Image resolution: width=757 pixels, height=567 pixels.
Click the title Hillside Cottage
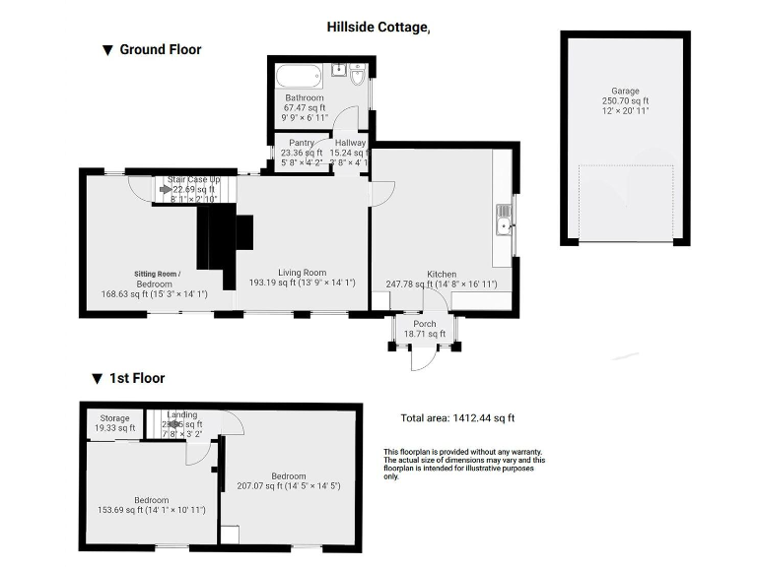378,28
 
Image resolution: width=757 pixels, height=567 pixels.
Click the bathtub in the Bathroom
297,76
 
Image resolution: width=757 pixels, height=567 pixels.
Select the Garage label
625,90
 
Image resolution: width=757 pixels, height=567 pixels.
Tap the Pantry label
301,143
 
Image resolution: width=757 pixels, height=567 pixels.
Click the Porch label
425,324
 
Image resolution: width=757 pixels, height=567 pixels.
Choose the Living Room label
301,273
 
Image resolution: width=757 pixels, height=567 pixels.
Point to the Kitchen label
441,274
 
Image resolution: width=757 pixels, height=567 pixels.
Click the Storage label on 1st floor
113,418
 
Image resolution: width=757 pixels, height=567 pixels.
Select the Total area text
457,418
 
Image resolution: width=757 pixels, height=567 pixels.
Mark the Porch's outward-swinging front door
421,360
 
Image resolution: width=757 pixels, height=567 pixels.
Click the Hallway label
350,143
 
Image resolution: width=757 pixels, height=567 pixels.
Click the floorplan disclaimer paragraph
463,465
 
